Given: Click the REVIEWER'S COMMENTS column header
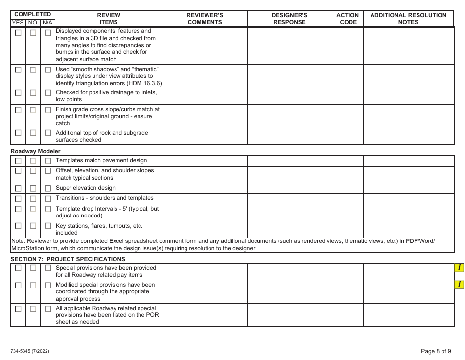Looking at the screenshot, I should [x=205, y=19].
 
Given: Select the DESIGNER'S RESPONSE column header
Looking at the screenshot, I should [x=289, y=19].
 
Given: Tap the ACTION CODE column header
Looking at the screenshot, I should [x=348, y=19].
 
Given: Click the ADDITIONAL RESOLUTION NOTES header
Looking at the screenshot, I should [x=408, y=19].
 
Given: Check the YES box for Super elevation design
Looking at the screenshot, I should [x=18, y=188].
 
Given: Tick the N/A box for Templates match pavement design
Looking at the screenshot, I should [x=47, y=161].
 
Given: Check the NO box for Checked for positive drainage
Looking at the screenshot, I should [x=33, y=93].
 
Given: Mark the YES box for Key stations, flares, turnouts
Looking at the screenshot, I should [x=18, y=226].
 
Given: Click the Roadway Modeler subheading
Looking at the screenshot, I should [x=36, y=151].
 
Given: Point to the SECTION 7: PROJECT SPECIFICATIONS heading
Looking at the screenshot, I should [x=68, y=259].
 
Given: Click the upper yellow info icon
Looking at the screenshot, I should [x=459, y=267].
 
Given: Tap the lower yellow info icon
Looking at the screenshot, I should [x=459, y=285].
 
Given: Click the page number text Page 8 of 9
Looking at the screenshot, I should [x=436, y=351].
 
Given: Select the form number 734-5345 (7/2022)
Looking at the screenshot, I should [x=30, y=351].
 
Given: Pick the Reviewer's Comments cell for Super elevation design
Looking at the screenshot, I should [x=205, y=188].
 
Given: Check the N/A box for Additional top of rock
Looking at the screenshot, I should [x=47, y=133].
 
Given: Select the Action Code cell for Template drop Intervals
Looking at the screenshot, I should [x=348, y=212].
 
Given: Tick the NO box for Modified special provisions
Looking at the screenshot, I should [x=33, y=285].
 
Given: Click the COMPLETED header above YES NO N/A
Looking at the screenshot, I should [x=32, y=15].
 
